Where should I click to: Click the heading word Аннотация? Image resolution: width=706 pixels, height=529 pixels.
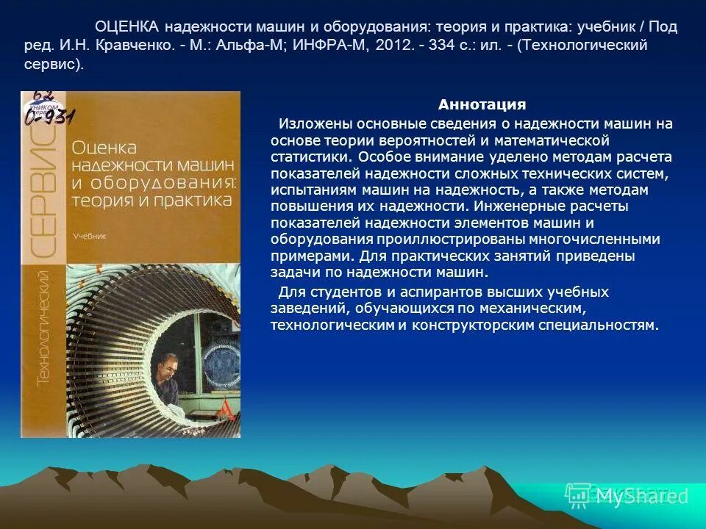coord(482,105)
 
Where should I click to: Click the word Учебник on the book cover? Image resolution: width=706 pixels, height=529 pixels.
coord(90,237)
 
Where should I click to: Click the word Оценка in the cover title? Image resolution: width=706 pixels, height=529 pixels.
coord(104,148)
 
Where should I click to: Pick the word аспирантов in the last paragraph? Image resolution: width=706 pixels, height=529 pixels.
coord(382,292)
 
